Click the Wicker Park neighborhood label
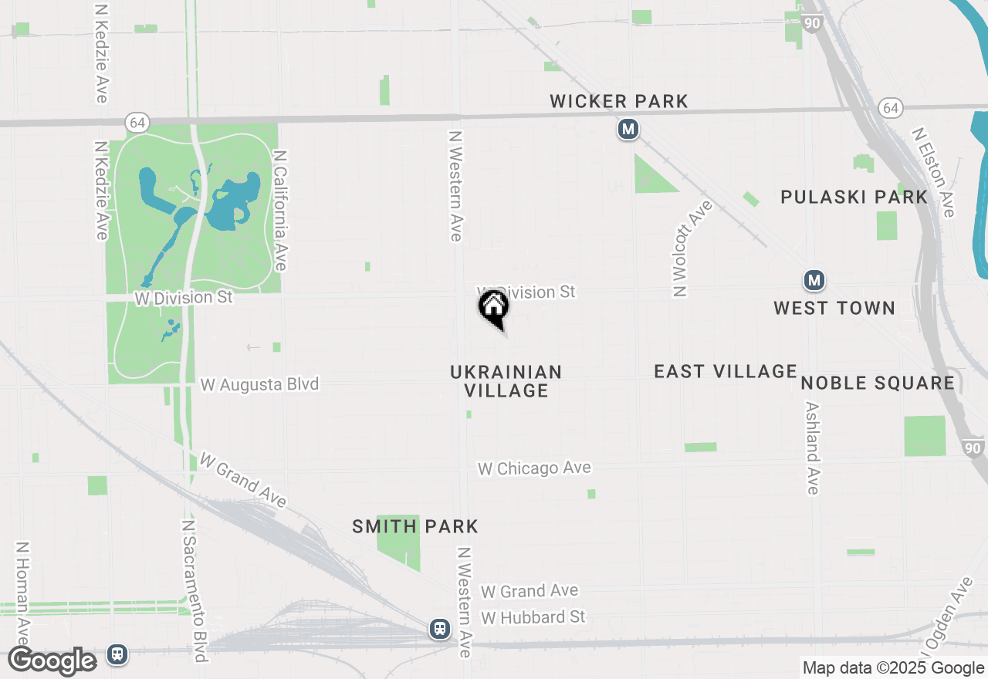[x=618, y=101]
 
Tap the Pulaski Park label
[x=854, y=197]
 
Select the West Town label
[x=834, y=308]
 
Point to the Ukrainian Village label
[x=506, y=381]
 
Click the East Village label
[x=725, y=371]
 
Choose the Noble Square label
[x=878, y=383]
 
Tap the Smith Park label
[x=415, y=526]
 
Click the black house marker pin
[x=494, y=307]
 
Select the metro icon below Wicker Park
[x=628, y=129]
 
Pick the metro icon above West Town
[x=814, y=280]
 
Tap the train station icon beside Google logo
[x=117, y=654]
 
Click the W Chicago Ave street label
[x=534, y=468]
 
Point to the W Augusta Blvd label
[x=259, y=383]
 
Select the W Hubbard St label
[x=533, y=617]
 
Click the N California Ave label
[x=280, y=210]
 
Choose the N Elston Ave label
[x=933, y=173]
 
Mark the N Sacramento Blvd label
[x=193, y=590]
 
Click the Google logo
[x=52, y=661]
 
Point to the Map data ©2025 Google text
[x=893, y=668]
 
